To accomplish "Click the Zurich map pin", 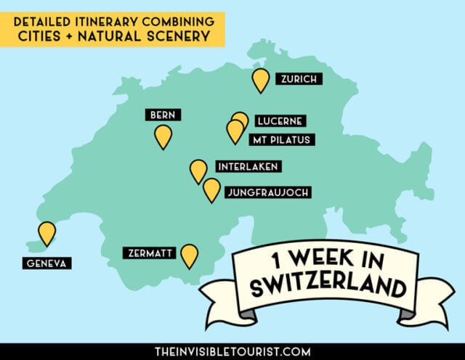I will click(x=260, y=79).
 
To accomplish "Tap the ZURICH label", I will click(x=298, y=79).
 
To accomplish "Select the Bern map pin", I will click(x=163, y=136).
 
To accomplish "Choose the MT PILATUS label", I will click(x=281, y=139).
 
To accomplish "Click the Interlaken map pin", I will click(x=198, y=171).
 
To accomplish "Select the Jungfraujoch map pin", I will click(x=211, y=189).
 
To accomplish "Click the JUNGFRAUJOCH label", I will click(x=269, y=192).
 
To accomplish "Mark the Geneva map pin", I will click(x=47, y=232).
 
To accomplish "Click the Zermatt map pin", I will click(x=190, y=255).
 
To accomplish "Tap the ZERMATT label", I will click(x=148, y=253).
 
